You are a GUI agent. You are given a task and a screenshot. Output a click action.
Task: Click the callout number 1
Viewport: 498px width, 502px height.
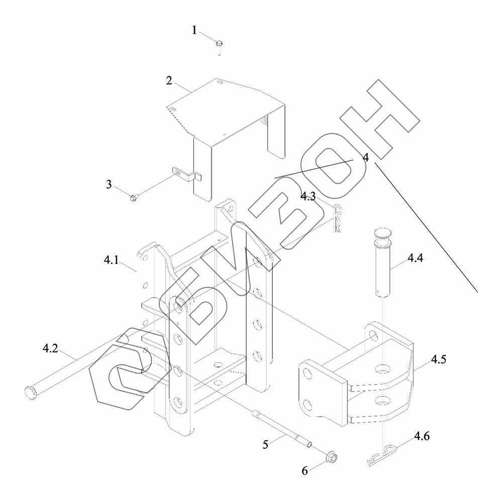click(x=194, y=31)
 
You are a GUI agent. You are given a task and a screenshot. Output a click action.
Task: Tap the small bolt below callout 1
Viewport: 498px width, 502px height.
click(x=220, y=45)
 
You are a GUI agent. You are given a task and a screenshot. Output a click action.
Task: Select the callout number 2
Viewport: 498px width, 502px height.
click(x=170, y=80)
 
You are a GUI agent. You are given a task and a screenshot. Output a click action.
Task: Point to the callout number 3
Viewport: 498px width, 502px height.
click(x=109, y=184)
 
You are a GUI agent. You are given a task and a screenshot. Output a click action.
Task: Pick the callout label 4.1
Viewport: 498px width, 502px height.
click(x=111, y=261)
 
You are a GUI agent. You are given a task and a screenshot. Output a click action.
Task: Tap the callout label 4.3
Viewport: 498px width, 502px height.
click(x=308, y=196)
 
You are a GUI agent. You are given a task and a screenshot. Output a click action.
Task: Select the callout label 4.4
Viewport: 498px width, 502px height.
click(x=415, y=259)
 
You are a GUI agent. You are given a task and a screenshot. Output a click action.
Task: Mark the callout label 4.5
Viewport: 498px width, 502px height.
click(x=438, y=360)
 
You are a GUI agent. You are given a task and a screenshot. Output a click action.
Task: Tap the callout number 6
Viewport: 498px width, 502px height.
click(x=304, y=470)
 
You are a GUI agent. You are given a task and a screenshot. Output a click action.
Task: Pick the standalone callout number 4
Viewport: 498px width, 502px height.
click(x=366, y=158)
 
